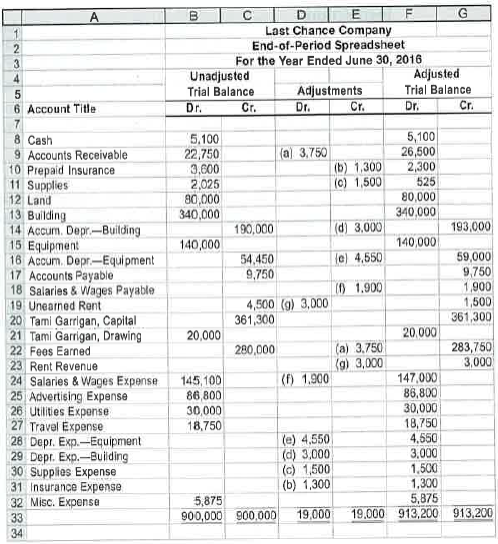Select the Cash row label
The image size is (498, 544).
coord(41,143)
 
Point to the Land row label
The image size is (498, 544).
coord(41,199)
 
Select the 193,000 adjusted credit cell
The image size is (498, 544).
coord(470,229)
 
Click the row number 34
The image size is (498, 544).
coord(13,532)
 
